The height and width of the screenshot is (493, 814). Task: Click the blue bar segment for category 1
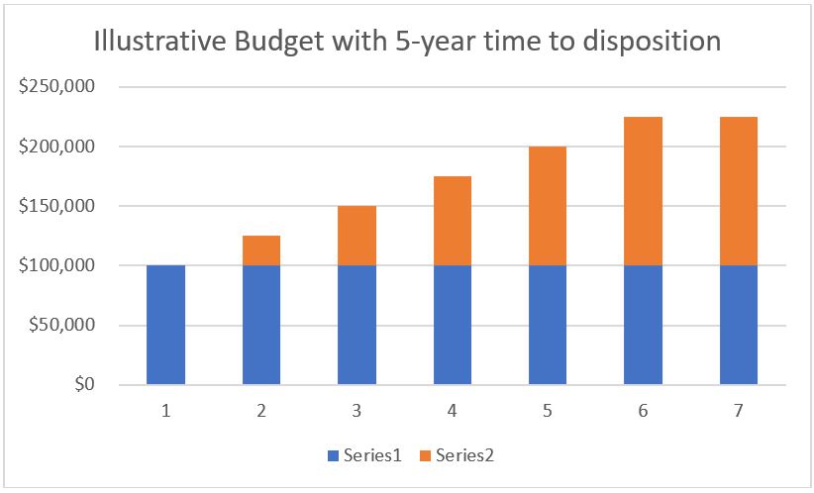click(165, 325)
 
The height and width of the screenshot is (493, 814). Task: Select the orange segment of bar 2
click(261, 250)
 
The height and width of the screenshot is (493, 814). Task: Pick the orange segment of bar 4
click(452, 221)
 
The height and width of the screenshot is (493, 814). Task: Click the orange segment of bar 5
click(548, 206)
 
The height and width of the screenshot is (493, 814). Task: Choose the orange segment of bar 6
click(643, 191)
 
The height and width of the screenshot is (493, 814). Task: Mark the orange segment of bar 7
click(738, 191)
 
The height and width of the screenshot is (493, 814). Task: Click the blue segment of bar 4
click(452, 325)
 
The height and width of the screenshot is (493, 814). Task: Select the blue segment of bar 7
click(738, 325)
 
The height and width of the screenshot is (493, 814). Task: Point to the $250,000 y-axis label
click(56, 87)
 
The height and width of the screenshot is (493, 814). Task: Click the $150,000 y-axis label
click(56, 206)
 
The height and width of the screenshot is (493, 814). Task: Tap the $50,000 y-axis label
click(60, 326)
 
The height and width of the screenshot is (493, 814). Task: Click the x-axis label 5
click(548, 410)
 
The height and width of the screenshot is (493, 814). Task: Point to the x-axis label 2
click(261, 410)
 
